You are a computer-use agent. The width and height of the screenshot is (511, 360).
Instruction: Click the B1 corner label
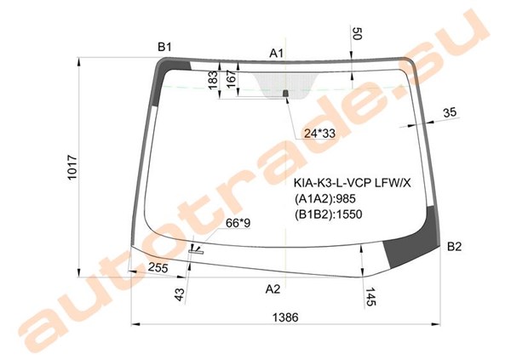[x=164, y=48]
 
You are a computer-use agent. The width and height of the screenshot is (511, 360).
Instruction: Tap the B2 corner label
[x=454, y=247]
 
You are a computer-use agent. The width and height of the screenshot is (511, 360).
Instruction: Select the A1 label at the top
[x=276, y=53]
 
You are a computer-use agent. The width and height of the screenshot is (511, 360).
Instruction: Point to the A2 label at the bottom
[x=273, y=289]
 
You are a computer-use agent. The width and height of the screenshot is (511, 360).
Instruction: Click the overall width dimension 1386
[x=285, y=317]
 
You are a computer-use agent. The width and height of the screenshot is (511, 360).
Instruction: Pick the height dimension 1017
[x=72, y=167]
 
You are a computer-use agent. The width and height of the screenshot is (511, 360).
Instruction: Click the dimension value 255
[x=158, y=267]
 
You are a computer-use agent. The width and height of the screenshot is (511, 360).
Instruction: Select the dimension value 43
[x=180, y=294]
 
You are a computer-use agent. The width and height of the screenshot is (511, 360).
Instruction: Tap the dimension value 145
[x=370, y=297]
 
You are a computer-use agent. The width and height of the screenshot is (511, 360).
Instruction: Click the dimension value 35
[x=450, y=112]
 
